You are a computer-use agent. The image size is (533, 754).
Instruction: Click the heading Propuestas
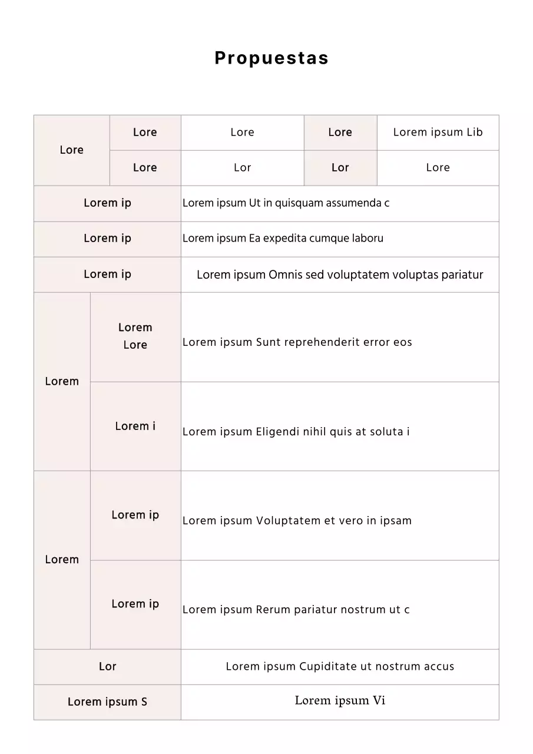(272, 58)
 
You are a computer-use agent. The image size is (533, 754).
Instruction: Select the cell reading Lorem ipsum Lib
(438, 132)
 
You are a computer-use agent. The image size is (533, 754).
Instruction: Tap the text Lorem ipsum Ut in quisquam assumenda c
(286, 203)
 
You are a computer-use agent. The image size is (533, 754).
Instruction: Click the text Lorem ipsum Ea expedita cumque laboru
(283, 239)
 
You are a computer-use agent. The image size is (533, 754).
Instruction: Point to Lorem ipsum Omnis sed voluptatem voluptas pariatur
(340, 275)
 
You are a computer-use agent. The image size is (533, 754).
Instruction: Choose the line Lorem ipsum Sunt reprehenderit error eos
(297, 342)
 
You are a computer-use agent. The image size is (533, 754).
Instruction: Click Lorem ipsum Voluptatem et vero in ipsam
(297, 521)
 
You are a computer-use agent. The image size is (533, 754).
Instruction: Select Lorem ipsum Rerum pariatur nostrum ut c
(296, 610)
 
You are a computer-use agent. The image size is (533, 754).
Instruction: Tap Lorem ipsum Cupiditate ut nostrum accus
(340, 666)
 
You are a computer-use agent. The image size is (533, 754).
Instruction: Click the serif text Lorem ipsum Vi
(340, 700)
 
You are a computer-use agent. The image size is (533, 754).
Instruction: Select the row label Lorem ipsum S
(107, 702)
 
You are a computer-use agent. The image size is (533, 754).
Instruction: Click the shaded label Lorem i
(135, 426)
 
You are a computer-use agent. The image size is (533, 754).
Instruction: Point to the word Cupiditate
(327, 666)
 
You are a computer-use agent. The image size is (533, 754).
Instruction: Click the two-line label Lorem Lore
(135, 336)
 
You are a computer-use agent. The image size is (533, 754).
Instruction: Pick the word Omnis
(285, 275)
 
